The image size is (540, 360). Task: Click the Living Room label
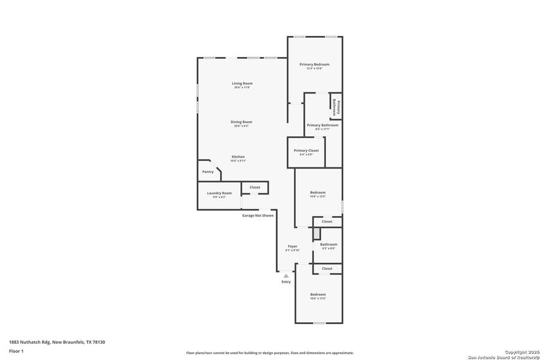coord(242,83)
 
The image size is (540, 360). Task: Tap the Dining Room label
coord(241,122)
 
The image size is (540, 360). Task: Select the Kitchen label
coord(238,157)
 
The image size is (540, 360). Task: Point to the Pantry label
coord(208,172)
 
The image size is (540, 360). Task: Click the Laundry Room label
coord(219,193)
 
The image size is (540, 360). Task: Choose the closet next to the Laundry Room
coord(255,187)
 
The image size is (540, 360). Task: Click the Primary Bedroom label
coord(314,64)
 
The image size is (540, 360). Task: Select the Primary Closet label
coord(306,151)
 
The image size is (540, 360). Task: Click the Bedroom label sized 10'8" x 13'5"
coord(317,193)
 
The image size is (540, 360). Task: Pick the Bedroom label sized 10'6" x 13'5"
coord(317,295)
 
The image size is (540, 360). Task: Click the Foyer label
coord(292,247)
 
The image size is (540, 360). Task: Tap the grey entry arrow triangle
coord(286,276)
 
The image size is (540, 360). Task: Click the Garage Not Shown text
coord(257,215)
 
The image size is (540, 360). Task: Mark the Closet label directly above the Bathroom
coord(327,221)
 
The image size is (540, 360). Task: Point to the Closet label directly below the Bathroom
coord(327,269)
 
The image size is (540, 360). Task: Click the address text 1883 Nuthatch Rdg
coord(30,342)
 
